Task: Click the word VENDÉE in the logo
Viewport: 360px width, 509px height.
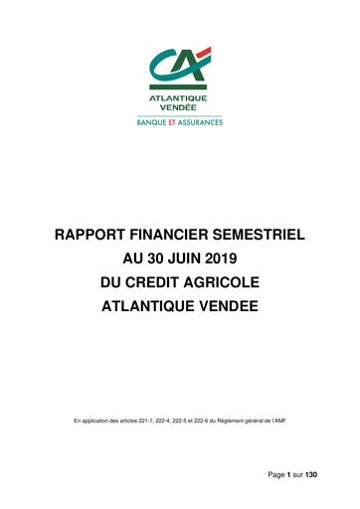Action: coord(179,106)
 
